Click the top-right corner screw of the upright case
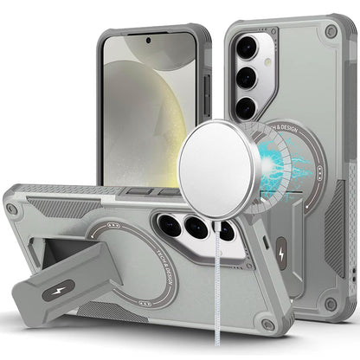click(331, 31)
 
